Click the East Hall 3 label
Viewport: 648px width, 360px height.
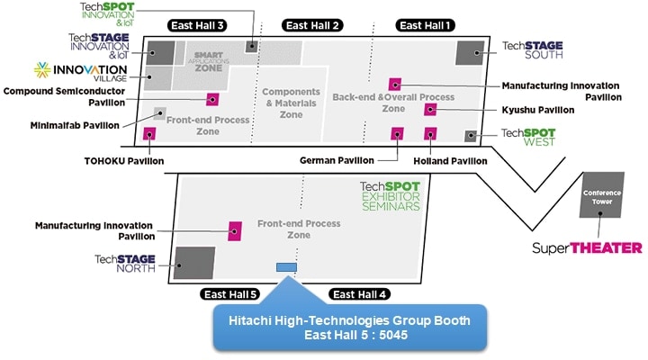197,25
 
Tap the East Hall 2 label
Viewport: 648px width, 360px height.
312,25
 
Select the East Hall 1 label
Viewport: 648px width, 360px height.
426,25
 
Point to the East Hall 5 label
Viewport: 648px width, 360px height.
229,294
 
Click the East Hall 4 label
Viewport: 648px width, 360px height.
359,294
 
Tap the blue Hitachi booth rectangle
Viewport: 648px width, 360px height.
286,266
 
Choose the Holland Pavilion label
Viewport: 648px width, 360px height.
449,161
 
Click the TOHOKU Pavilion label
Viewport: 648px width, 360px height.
122,161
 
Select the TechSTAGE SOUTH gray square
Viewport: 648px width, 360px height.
470,52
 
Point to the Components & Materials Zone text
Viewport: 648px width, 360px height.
291,103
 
